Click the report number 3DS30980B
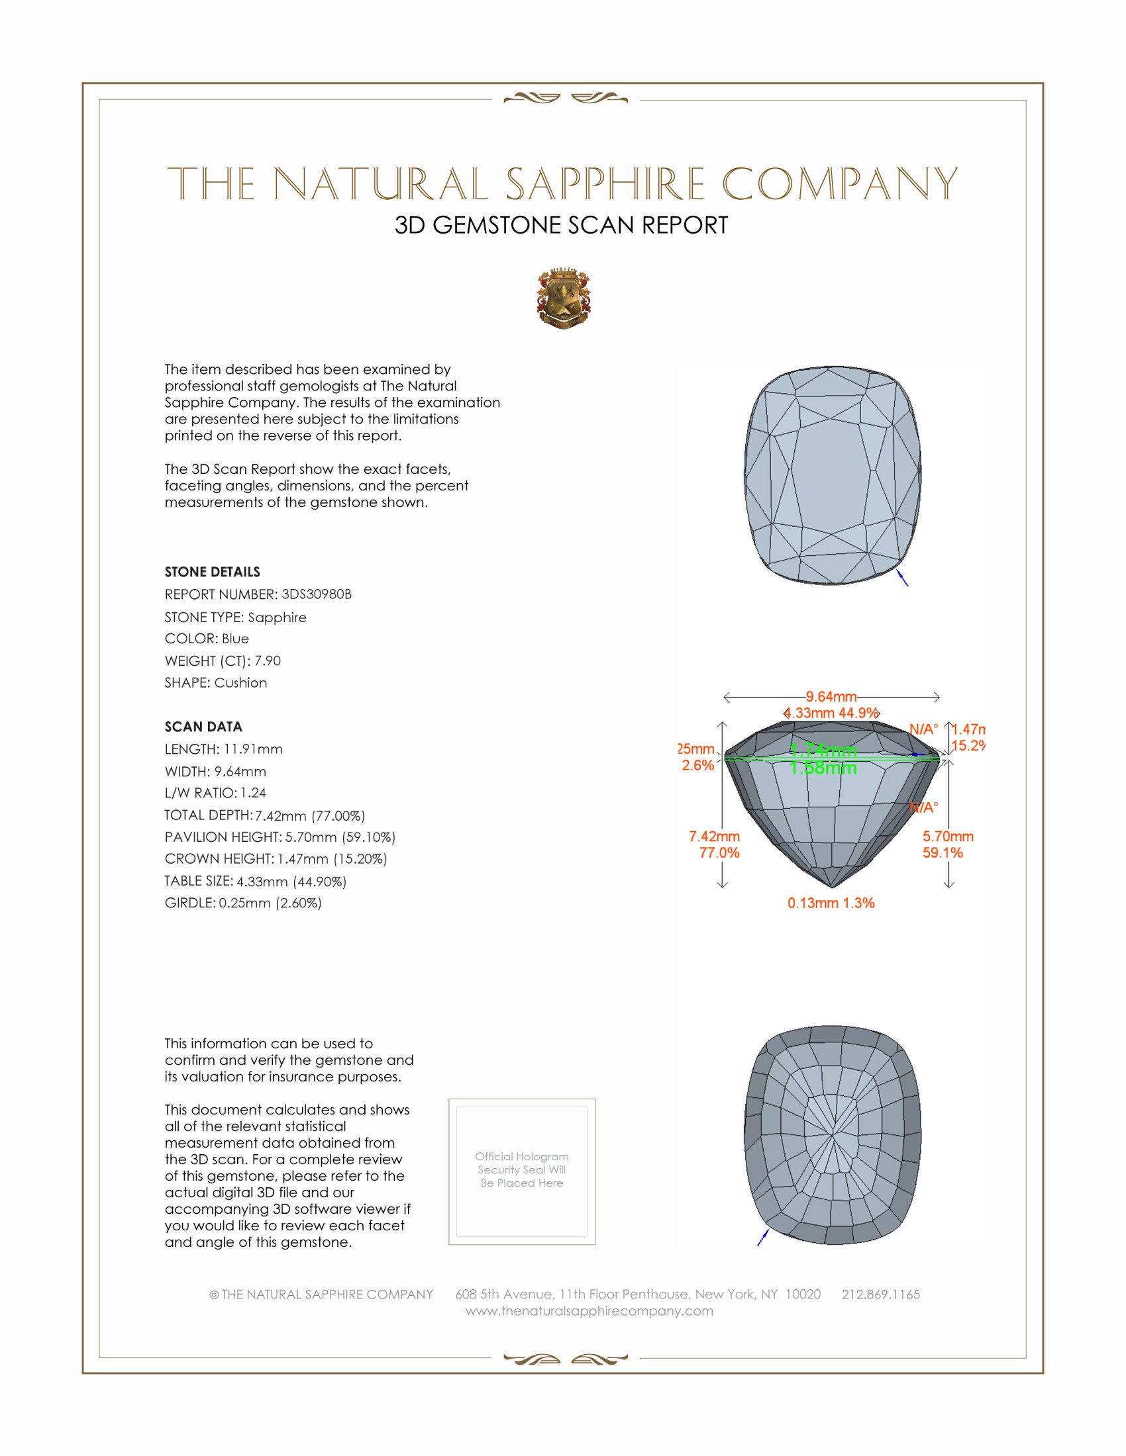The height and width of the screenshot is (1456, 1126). [316, 594]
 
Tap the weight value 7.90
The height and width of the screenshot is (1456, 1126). [268, 660]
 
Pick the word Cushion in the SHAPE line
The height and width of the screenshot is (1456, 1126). [241, 683]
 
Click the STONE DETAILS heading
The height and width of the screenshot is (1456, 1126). [212, 572]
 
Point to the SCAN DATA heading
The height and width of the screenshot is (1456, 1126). [203, 727]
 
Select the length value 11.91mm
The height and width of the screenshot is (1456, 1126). [253, 749]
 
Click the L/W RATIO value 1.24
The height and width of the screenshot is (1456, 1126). [254, 793]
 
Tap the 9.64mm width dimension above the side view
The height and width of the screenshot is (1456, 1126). [831, 697]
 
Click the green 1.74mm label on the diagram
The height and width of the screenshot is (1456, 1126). [823, 751]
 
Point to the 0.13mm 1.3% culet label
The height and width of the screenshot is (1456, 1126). [831, 903]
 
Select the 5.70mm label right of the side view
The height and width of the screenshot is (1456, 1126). [948, 836]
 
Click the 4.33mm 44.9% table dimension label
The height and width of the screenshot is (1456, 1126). [831, 713]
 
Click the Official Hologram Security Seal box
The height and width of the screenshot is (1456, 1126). [522, 1170]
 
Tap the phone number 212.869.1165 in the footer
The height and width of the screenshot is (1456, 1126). [880, 1294]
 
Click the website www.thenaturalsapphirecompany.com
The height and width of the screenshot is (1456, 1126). [589, 1310]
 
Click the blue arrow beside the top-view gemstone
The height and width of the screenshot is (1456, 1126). [903, 577]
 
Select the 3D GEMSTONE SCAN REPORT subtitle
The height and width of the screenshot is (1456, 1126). [561, 225]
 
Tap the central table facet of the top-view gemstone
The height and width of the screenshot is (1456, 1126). [831, 477]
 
